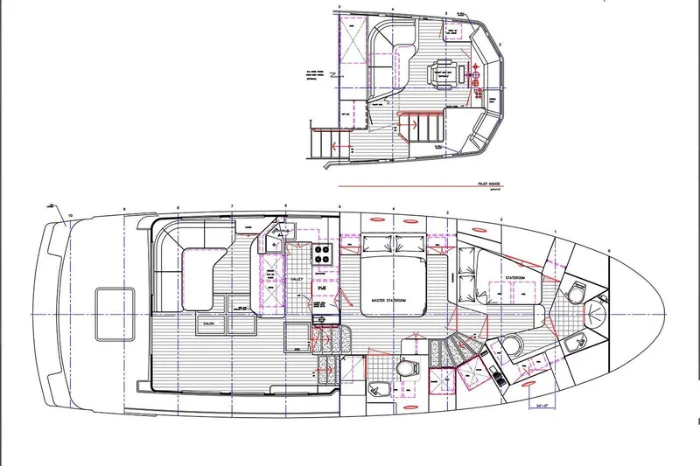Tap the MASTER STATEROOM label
389,300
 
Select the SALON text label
210,322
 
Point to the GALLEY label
297,280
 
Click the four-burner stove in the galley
321,254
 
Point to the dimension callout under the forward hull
545,405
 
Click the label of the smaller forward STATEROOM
514,278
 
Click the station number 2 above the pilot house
500,44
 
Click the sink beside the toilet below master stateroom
377,389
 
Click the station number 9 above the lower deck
125,207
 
